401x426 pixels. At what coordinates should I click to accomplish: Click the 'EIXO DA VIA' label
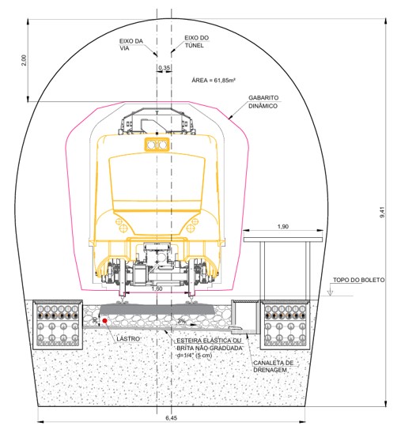click(x=131, y=44)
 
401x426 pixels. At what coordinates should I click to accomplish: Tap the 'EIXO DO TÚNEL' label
click(x=197, y=42)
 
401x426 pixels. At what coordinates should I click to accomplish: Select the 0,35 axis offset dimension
click(x=164, y=67)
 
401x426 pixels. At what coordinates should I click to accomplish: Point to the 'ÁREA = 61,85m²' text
click(x=214, y=80)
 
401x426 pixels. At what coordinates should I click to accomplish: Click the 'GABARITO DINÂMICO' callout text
click(x=263, y=102)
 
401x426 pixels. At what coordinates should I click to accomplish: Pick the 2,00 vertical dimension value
click(x=25, y=60)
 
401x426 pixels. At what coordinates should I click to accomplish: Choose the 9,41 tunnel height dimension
click(x=382, y=212)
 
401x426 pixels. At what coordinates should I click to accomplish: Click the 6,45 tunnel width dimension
click(x=172, y=417)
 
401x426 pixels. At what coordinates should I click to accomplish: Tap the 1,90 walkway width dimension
click(x=282, y=226)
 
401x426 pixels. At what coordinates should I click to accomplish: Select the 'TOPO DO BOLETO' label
click(x=359, y=280)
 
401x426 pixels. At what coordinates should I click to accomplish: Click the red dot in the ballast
click(x=104, y=321)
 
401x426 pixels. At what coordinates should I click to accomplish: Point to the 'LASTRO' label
click(x=128, y=339)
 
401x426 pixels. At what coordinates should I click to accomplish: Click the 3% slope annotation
click(x=182, y=321)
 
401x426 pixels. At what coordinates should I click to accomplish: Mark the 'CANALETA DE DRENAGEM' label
click(x=273, y=366)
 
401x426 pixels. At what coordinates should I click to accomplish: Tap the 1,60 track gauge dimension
click(x=157, y=288)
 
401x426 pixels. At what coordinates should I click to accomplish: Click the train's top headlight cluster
click(x=157, y=145)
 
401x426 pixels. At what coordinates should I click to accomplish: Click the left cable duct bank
click(x=58, y=324)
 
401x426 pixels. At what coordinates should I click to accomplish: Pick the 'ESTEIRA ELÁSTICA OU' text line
click(x=209, y=341)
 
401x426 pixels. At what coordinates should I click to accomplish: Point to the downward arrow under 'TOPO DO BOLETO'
click(x=330, y=290)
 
